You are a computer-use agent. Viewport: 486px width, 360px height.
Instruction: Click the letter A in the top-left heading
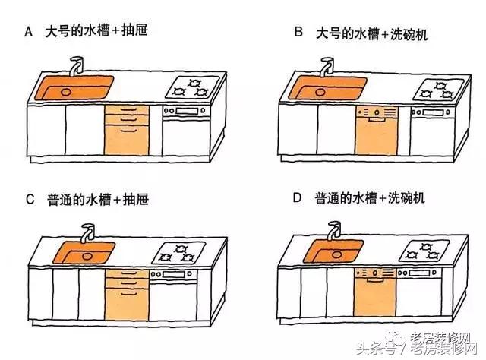29,33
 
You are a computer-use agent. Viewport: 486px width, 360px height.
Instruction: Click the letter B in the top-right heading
298,33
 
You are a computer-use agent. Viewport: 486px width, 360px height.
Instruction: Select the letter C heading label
29,200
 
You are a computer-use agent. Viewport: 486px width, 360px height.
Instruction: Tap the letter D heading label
298,200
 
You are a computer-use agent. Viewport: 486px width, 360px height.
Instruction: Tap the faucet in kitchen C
88,232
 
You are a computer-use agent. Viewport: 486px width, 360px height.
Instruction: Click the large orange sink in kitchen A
73,87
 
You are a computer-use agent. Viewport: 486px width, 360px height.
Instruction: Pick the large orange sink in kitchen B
323,87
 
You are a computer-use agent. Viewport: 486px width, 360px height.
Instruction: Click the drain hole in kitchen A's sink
65,91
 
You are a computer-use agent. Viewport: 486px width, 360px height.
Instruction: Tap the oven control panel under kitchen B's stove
432,112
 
